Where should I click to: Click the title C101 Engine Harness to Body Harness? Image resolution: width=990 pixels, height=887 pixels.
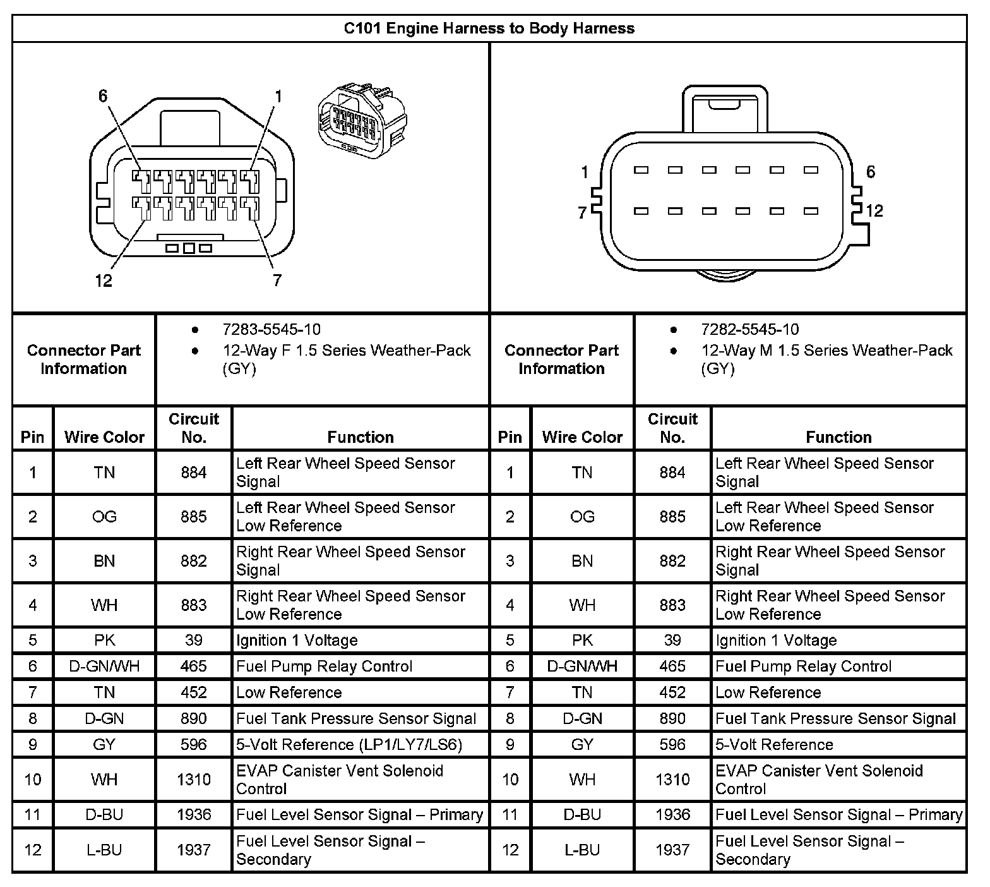click(x=489, y=28)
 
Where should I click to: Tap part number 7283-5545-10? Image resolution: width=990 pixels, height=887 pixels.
click(x=271, y=330)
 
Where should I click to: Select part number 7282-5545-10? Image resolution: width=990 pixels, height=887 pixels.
click(x=749, y=330)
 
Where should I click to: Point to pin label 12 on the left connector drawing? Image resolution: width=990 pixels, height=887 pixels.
click(x=104, y=281)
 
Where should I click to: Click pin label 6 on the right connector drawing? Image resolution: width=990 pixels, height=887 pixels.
click(x=871, y=172)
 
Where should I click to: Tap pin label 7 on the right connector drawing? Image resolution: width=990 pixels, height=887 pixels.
click(x=582, y=214)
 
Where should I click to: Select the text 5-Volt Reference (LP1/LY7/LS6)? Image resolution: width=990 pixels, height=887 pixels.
click(x=349, y=745)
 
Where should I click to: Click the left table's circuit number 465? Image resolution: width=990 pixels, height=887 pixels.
click(x=194, y=667)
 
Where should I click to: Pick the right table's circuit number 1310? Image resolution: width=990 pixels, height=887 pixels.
click(x=672, y=780)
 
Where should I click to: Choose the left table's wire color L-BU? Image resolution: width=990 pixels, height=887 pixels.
click(x=104, y=850)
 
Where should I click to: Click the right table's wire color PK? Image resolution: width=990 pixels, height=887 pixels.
click(x=582, y=641)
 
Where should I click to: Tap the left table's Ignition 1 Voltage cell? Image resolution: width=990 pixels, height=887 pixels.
click(x=297, y=641)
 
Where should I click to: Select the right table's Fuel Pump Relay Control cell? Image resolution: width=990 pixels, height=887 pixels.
click(x=803, y=667)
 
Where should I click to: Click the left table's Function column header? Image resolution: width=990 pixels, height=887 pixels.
click(x=361, y=437)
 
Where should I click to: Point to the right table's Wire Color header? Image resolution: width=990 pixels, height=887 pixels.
click(x=582, y=437)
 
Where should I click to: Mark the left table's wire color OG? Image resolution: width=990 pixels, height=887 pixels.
click(x=104, y=517)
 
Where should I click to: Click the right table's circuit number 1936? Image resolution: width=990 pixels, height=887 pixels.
click(x=672, y=815)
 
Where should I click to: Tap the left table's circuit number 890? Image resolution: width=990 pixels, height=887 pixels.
click(x=194, y=719)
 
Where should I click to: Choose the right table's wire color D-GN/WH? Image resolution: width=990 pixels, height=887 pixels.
click(x=582, y=667)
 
